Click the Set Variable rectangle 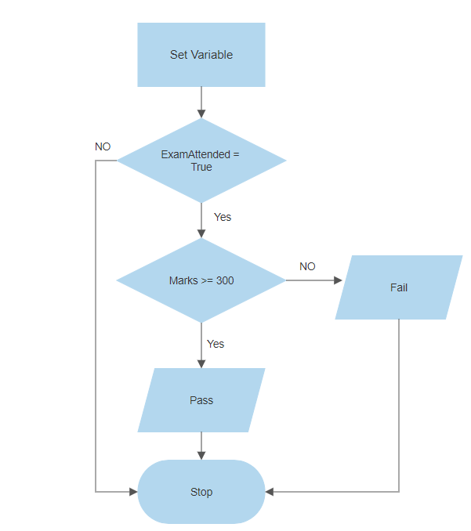pos(201,54)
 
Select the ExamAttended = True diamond pos(201,161)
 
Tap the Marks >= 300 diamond pos(201,280)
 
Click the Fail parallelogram pos(399,287)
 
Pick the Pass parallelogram pos(201,400)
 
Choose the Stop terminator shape pos(201,492)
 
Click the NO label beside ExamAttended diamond pos(103,146)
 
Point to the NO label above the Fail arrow pos(307,266)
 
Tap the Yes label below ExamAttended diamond pos(223,217)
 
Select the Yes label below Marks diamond pos(216,344)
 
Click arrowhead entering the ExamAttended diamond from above pos(201,114)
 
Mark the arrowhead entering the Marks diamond pos(201,234)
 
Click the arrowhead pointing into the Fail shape pos(338,280)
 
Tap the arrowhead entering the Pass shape pos(201,364)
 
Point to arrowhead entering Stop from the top pos(201,456)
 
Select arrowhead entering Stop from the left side pos(133,492)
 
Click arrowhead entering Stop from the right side pos(270,492)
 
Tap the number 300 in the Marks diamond pos(224,280)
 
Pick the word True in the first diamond pos(201,167)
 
